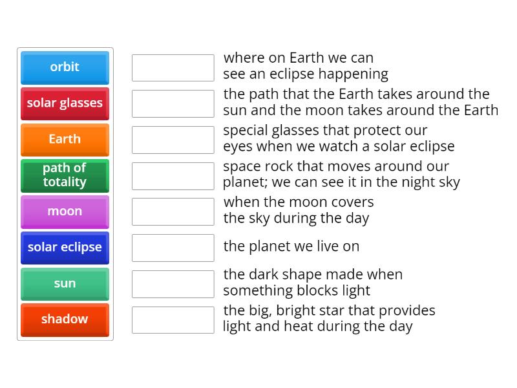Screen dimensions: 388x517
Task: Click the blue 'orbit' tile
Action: (x=65, y=67)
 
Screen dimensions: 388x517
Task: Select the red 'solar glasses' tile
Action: (x=65, y=103)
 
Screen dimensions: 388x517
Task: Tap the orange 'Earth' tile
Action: (x=65, y=140)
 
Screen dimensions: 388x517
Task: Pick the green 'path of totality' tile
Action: (x=65, y=175)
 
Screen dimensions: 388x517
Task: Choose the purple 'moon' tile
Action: (x=65, y=211)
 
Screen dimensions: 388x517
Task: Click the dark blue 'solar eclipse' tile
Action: (x=65, y=248)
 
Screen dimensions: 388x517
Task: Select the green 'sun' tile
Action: (x=65, y=284)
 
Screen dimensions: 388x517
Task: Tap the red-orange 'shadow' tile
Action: (x=65, y=319)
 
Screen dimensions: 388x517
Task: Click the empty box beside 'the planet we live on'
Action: (x=173, y=248)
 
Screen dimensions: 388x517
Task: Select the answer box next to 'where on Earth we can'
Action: (x=173, y=68)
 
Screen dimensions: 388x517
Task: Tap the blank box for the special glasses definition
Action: (x=173, y=140)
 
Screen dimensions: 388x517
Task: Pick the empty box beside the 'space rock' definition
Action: (x=173, y=176)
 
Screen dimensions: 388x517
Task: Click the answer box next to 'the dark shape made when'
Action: (x=173, y=284)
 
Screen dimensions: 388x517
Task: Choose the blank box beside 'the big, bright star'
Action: (x=173, y=320)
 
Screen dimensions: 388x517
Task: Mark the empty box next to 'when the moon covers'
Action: (x=173, y=211)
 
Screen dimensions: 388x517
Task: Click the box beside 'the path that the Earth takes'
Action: (x=173, y=103)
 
